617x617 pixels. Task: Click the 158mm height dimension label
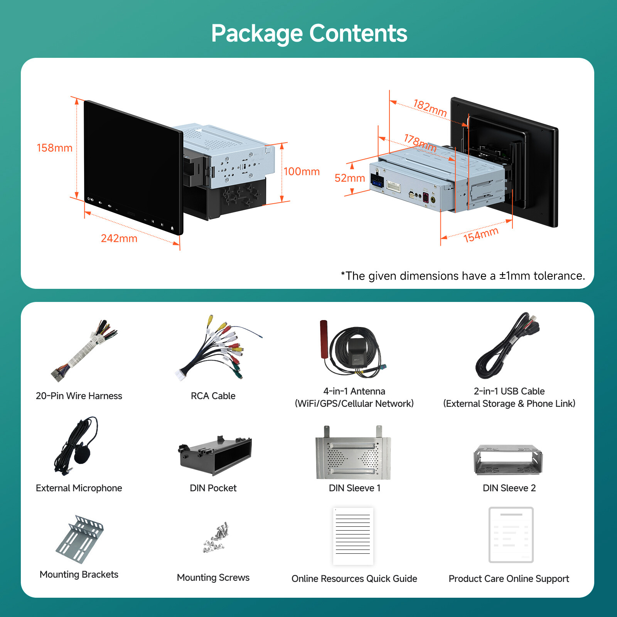54,148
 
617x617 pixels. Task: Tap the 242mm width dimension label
119,238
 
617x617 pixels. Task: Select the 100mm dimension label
302,172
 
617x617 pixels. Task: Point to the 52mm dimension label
350,178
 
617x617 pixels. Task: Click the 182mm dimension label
430,108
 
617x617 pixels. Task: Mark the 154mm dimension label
481,235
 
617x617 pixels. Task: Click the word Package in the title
257,34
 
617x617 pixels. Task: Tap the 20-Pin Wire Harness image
84,351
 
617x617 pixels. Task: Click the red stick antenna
324,339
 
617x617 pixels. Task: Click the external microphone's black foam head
82,454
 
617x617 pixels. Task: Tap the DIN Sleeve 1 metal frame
353,453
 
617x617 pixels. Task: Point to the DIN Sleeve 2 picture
508,460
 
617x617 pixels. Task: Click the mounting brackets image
79,539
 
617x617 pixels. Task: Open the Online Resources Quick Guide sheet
353,536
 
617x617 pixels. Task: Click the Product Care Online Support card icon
511,535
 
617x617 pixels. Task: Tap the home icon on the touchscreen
172,228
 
